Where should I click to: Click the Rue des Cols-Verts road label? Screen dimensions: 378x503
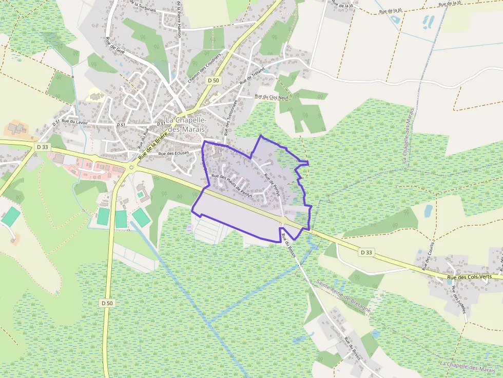pos(469,277)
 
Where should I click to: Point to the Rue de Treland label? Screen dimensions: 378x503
pos(252,75)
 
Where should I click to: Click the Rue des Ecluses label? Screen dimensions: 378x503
pos(173,153)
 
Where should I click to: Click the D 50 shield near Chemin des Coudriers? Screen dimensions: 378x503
pos(213,81)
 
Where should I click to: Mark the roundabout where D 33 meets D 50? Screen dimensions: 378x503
pos(131,167)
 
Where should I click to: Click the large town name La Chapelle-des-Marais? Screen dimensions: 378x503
pos(186,124)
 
